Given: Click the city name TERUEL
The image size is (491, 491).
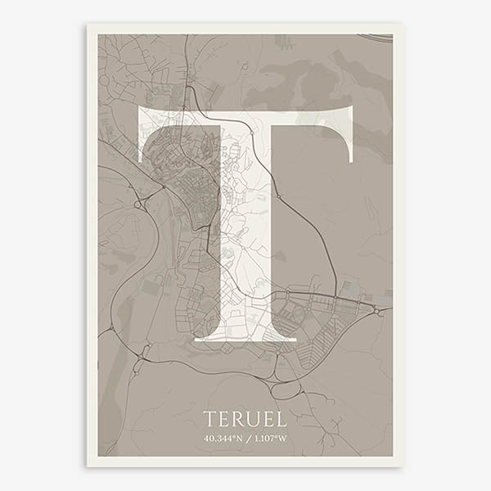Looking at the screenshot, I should [245, 420].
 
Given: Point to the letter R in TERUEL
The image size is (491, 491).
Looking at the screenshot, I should [237, 420].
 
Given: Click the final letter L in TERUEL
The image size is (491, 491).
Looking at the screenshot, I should [281, 420].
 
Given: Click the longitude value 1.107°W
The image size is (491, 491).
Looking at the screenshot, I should [269, 438].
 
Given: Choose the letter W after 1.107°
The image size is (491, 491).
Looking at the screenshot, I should [283, 438].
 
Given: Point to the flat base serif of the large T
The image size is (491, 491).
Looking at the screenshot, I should [245, 336].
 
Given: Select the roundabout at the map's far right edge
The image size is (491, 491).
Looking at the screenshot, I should [378, 312].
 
